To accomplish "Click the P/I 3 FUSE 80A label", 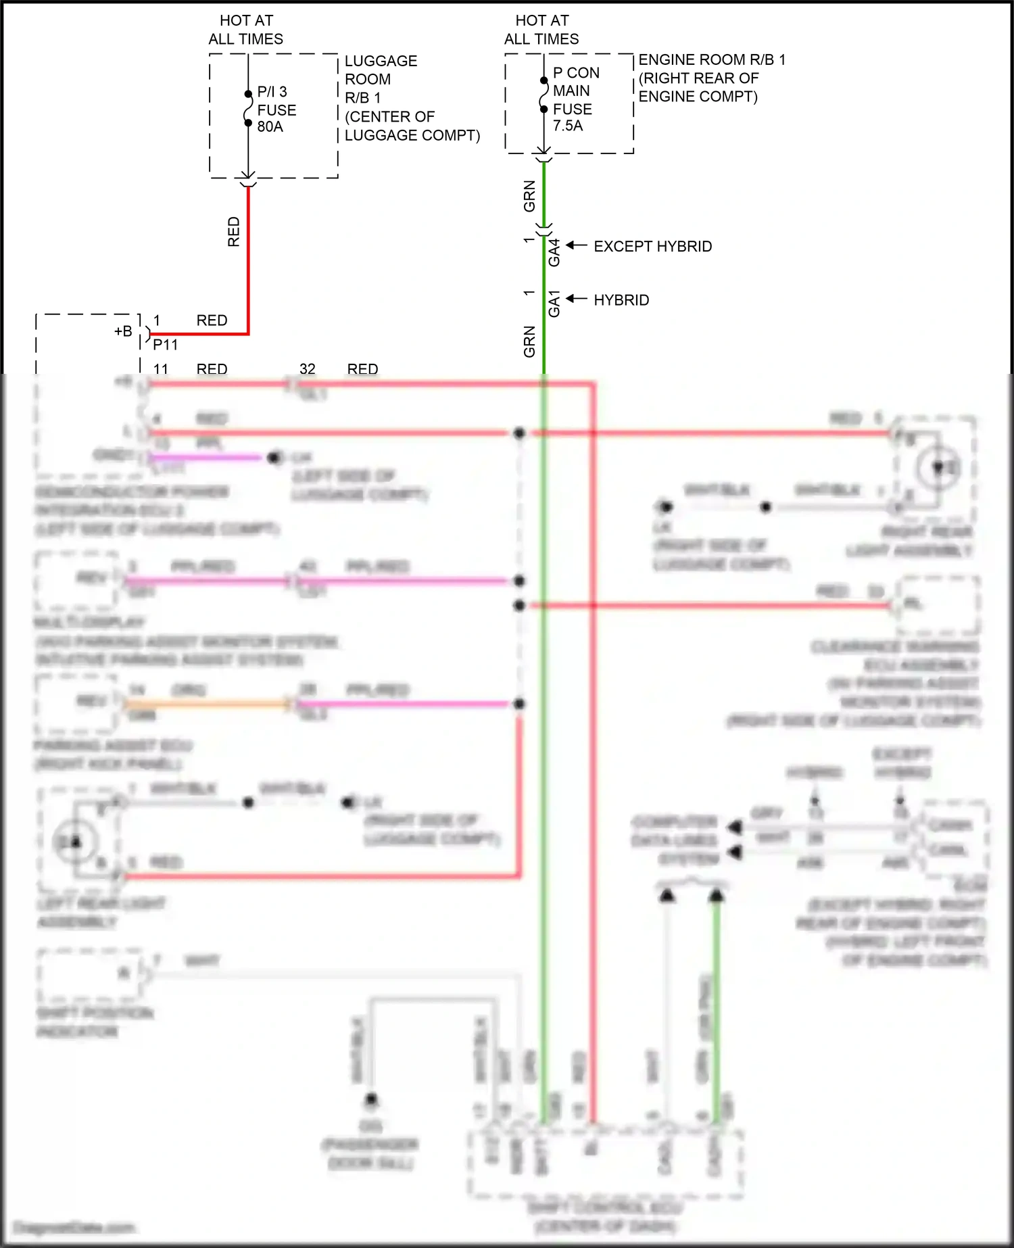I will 276,109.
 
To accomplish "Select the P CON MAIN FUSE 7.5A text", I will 575,99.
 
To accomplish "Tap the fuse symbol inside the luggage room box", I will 248,109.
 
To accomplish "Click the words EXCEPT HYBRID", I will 652,246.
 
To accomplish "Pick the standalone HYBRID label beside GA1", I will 621,299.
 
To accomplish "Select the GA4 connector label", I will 554,252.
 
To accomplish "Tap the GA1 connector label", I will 554,304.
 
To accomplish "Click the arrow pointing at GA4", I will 576,245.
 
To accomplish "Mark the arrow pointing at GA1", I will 576,299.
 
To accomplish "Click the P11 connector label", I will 165,345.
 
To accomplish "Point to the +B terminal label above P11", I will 123,331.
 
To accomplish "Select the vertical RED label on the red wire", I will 234,231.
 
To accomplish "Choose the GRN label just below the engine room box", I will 529,196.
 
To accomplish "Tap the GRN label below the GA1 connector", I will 529,341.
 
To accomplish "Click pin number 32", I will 308,369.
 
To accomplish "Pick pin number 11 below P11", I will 161,369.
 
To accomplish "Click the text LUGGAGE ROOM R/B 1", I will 381,79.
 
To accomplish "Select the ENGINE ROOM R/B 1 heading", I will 712,59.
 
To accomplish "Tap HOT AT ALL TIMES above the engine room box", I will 541,30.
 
